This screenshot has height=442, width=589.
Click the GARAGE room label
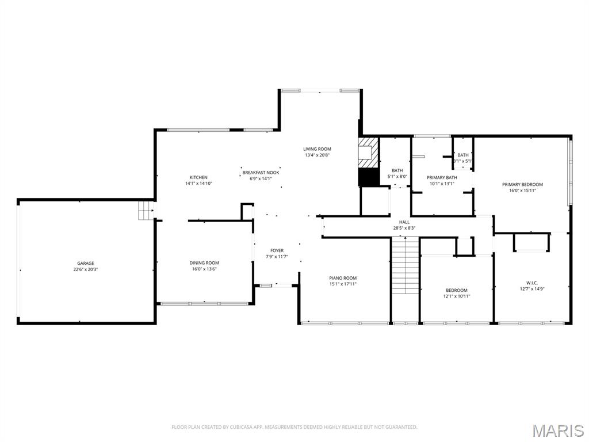click(86, 264)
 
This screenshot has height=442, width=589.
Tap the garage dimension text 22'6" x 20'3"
click(86, 269)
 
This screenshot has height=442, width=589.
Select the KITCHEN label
click(198, 177)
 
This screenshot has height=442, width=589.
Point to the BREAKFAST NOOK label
click(261, 173)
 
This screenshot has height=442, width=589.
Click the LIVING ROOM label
click(318, 149)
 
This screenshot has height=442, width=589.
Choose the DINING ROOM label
click(204, 263)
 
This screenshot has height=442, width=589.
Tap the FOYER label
click(277, 250)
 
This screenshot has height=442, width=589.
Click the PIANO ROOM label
click(343, 278)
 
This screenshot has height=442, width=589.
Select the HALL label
click(404, 222)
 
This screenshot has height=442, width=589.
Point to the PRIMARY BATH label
click(442, 178)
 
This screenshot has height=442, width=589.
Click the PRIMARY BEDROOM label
click(522, 185)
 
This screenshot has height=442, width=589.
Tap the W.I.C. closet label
click(531, 283)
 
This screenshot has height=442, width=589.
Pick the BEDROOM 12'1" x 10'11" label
click(457, 290)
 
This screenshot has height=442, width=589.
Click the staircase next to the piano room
click(405, 265)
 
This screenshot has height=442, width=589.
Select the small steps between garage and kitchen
click(146, 211)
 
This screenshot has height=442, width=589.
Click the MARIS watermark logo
click(557, 430)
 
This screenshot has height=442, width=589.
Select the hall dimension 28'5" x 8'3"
click(404, 228)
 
